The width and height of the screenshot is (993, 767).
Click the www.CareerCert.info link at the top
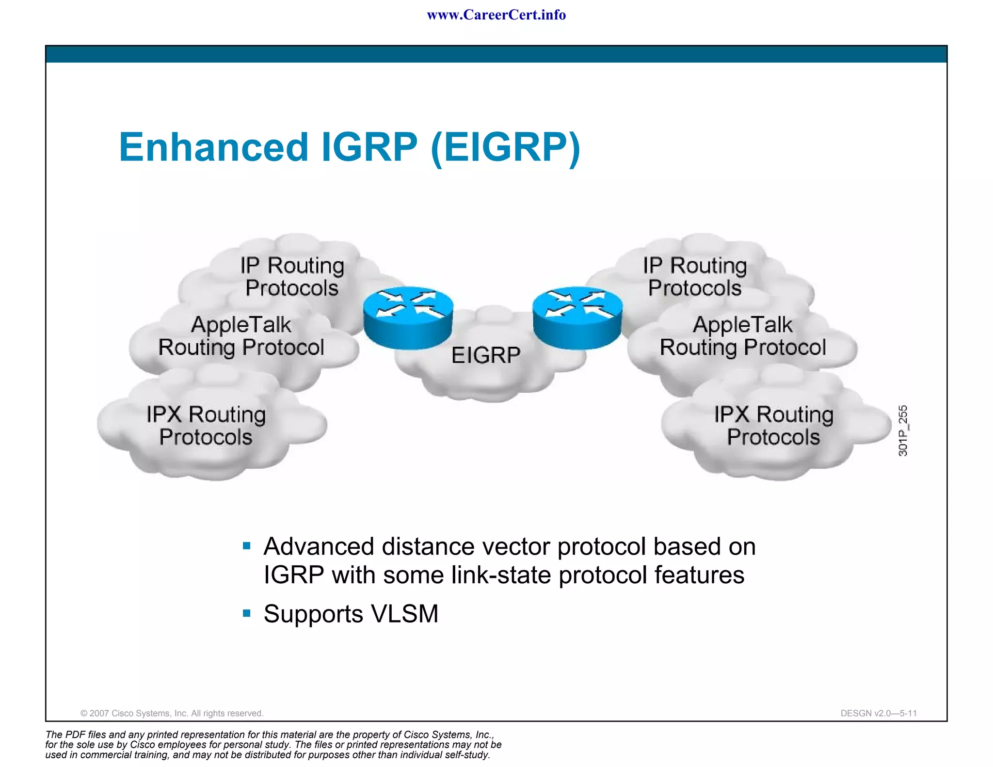point(496,15)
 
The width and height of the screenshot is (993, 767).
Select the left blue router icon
point(408,318)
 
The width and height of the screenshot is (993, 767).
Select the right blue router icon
point(577,318)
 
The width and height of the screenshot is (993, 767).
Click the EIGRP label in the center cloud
point(486,355)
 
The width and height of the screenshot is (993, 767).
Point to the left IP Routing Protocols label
point(292,277)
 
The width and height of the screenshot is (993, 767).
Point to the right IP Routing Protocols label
point(695,277)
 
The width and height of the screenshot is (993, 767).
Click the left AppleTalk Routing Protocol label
point(241,336)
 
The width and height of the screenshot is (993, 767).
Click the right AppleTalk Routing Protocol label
point(743,336)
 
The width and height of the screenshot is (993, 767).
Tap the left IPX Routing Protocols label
point(206,426)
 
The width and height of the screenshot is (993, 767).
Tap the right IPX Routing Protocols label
point(773,426)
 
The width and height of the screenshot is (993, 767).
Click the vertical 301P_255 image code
point(902,431)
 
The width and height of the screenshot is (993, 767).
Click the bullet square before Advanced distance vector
point(247,546)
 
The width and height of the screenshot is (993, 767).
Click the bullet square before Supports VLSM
point(247,613)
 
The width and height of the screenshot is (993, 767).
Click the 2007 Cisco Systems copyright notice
point(172,713)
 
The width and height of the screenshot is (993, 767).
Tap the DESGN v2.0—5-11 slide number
point(878,713)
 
